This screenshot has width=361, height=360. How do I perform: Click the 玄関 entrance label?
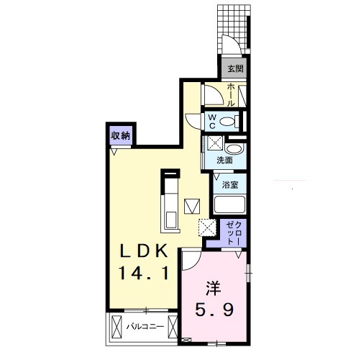click(x=235, y=69)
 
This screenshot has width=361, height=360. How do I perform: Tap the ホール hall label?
click(x=231, y=95)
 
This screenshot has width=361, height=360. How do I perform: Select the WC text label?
click(x=212, y=122)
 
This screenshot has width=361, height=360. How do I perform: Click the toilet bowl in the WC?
click(x=227, y=122)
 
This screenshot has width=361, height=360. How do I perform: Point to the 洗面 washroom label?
click(x=224, y=160)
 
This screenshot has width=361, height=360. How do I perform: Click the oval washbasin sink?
click(x=235, y=149)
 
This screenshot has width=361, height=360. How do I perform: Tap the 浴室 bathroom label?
click(x=230, y=185)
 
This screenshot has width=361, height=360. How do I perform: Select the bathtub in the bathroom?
click(x=229, y=204)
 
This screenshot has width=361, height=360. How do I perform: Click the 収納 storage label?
click(x=120, y=136)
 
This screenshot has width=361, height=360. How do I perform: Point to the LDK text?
click(x=144, y=251)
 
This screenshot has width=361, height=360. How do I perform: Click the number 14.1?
click(x=144, y=274)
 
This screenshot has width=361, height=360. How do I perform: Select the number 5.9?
click(x=214, y=310)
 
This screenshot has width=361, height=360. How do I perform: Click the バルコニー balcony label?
click(x=145, y=326)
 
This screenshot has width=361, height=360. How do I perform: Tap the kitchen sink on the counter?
click(x=171, y=220)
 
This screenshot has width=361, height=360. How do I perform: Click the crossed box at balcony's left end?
click(x=116, y=327)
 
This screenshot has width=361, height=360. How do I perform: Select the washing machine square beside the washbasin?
click(x=215, y=143)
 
